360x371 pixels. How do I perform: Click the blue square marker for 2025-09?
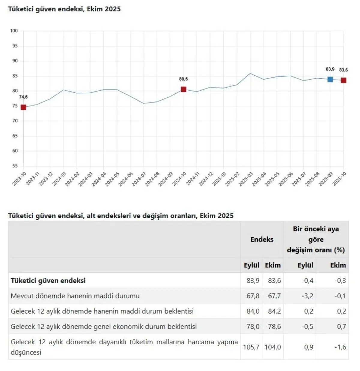[x=330, y=79]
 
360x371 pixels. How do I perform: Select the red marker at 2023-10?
[x=23, y=107]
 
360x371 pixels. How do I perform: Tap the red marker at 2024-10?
[x=183, y=89]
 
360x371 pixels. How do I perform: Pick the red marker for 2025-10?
[x=343, y=80]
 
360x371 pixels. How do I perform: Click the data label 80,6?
[x=183, y=79]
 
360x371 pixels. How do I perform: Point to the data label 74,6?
[x=23, y=97]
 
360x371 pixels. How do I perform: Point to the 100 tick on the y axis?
[x=14, y=31]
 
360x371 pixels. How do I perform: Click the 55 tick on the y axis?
[x=15, y=166]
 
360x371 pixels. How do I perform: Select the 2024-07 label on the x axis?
[x=139, y=179]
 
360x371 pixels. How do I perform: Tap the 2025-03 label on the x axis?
[x=246, y=179]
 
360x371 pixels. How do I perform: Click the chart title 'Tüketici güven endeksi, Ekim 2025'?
[x=64, y=9]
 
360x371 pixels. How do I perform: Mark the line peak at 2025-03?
[x=250, y=73]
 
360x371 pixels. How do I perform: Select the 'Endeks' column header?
[x=262, y=239]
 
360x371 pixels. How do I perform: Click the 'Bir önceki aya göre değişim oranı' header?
[x=316, y=239]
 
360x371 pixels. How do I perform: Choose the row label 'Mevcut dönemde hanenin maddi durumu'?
[x=75, y=296]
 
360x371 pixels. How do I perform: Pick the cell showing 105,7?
[x=251, y=347]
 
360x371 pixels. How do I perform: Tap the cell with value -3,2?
[x=307, y=296]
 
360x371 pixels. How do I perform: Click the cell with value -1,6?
[x=340, y=347]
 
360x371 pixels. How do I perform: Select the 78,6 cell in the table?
[x=274, y=326]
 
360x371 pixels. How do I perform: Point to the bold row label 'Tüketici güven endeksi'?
[x=48, y=280]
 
